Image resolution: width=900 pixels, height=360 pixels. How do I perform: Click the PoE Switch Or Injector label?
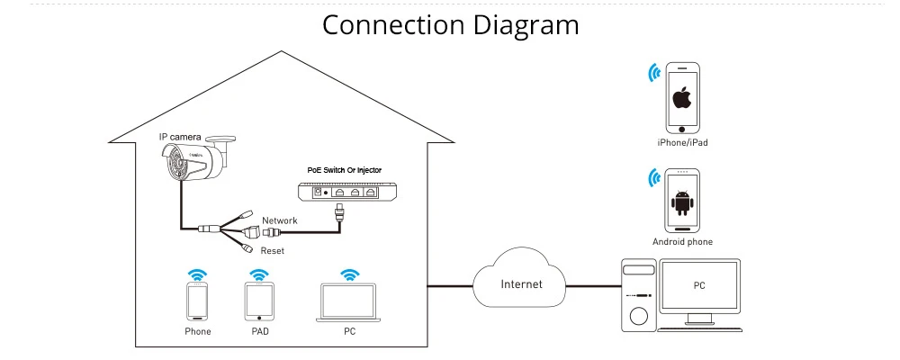pos(345,170)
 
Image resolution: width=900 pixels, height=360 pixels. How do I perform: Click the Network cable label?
pos(280,220)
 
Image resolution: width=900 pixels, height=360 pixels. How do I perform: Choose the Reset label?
pos(272,251)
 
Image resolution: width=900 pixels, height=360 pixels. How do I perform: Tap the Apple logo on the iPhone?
pos(682,99)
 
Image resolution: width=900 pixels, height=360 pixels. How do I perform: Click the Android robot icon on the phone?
pos(682,203)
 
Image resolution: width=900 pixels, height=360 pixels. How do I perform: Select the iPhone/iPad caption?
pos(682,142)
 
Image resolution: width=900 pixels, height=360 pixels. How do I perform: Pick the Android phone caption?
pos(682,242)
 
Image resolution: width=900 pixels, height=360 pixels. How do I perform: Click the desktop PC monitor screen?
pos(699,285)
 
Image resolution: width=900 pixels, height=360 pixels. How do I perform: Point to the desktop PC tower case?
pos(639,295)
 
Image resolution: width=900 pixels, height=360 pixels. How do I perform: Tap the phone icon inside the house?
pos(197,301)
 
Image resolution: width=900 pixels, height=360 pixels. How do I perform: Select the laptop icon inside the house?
pos(349,302)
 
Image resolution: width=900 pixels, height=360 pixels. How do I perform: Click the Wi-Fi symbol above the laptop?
pos(349,274)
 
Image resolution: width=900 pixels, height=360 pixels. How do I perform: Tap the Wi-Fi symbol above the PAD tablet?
pos(259,274)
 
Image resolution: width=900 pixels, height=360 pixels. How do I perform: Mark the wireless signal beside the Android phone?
pos(653,178)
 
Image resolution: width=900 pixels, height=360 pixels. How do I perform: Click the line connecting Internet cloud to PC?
pos(594,285)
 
